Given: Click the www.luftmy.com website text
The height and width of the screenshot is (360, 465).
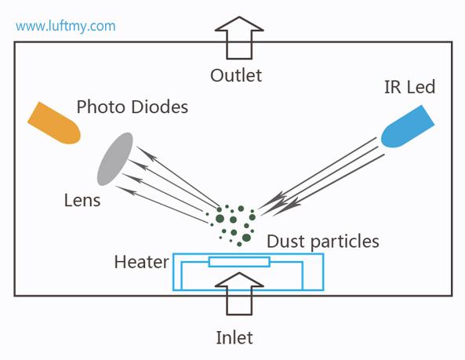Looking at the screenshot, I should coord(66,26).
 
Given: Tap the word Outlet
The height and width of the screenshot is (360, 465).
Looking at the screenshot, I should coord(236,76).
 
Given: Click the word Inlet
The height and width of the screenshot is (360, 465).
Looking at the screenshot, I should coord(235,338).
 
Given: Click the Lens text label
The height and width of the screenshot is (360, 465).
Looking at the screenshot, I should coord(82,200).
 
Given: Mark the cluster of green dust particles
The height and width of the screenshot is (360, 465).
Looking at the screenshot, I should coord(232,222).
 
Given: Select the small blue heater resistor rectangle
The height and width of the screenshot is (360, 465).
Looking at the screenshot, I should coord(239,262).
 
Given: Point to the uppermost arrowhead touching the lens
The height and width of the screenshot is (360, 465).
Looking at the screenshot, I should coord(138,148).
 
